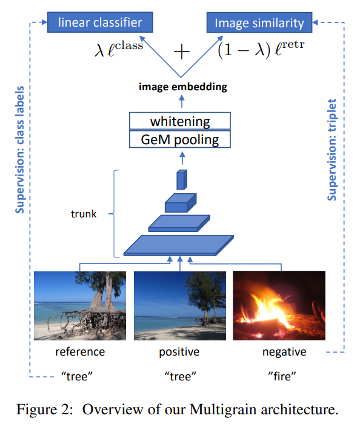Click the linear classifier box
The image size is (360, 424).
click(x=100, y=23)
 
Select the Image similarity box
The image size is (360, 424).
click(x=259, y=23)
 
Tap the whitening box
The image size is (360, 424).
click(x=180, y=121)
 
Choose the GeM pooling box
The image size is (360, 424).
click(x=180, y=140)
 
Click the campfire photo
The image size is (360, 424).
click(x=279, y=306)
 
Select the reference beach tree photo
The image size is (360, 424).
click(x=80, y=306)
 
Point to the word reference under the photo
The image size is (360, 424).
click(x=80, y=352)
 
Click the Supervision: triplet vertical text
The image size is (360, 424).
click(x=332, y=150)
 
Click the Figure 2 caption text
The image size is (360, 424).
click(x=180, y=406)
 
